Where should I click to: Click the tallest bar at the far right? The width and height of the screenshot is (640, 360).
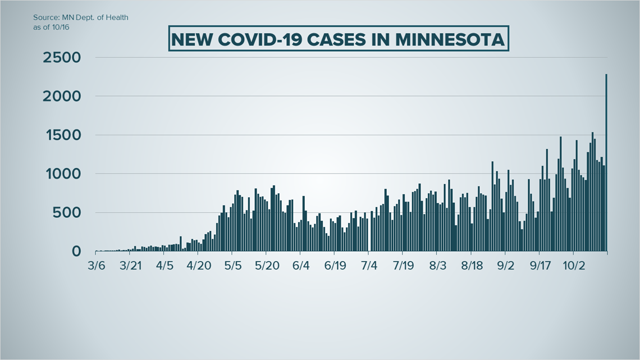coord(606,163)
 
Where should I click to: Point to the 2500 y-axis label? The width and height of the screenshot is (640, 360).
coord(61,58)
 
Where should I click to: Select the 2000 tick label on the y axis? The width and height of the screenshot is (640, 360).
coord(61,97)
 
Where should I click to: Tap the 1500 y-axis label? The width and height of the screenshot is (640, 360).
coord(62,135)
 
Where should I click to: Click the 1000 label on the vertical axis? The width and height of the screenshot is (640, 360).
coord(62,174)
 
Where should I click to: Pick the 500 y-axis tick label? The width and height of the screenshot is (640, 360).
coord(68,213)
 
